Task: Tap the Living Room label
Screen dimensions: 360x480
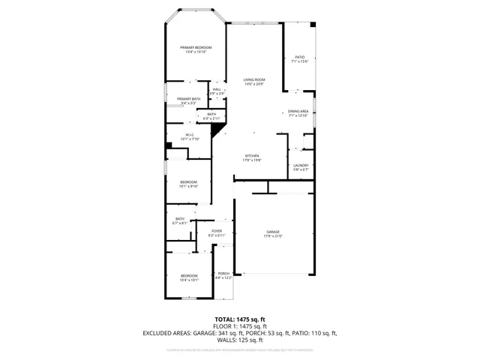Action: [254, 79]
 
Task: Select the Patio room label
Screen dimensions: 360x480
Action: [299, 57]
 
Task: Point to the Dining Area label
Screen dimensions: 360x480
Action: [298, 111]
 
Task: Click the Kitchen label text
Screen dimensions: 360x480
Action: [251, 156]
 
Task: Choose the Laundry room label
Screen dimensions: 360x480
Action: [301, 165]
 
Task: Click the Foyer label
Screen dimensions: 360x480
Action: [217, 231]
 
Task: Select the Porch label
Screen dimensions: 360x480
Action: [223, 274]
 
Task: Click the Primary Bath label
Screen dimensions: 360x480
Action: [188, 99]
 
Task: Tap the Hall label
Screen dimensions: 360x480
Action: [217, 89]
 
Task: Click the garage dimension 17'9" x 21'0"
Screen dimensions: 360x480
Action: [273, 236]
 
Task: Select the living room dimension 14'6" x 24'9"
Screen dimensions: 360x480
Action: [254, 84]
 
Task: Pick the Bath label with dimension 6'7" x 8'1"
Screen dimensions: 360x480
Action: [180, 219]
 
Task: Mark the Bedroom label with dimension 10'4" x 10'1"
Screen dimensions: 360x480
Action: [189, 275]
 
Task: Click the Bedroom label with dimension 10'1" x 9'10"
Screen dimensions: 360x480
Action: [188, 182]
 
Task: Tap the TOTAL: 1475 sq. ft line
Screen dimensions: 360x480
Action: [239, 319]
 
